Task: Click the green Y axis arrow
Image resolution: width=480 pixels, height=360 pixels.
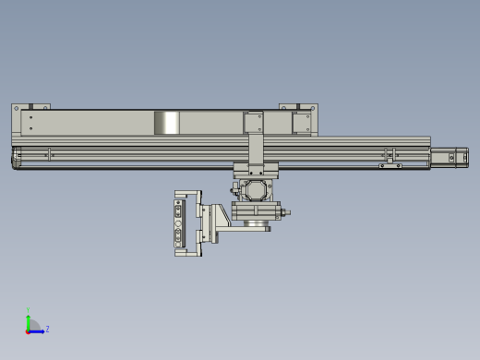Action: tap(29, 318)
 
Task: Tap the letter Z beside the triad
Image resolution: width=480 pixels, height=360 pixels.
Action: tap(47, 329)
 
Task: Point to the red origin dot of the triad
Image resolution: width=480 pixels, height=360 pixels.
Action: tap(29, 330)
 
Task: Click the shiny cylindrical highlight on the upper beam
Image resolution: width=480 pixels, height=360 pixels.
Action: tap(166, 123)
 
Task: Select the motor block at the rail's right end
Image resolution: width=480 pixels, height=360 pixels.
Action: tap(450, 157)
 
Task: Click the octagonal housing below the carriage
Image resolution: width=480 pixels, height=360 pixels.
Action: tap(254, 190)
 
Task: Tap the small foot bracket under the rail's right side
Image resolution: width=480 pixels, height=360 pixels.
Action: tap(390, 165)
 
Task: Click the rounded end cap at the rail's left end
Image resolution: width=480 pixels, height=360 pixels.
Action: tap(16, 159)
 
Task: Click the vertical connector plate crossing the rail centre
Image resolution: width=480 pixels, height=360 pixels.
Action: tap(255, 138)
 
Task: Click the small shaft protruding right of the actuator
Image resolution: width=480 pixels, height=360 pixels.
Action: tap(287, 214)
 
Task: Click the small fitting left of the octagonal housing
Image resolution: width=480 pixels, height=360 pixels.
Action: tap(234, 188)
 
